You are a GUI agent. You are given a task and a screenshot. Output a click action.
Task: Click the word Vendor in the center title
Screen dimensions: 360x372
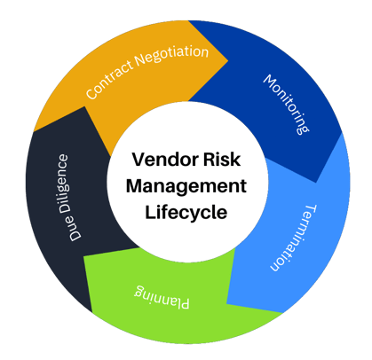pyautogui.click(x=161, y=161)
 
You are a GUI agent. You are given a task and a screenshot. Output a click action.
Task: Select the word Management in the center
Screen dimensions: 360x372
pyautogui.click(x=186, y=187)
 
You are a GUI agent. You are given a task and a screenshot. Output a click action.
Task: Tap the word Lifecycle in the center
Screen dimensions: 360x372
pyautogui.click(x=186, y=213)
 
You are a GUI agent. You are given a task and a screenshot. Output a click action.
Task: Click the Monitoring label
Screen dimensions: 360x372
pyautogui.click(x=286, y=104)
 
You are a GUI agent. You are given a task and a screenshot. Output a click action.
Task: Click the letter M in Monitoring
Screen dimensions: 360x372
pyautogui.click(x=269, y=82)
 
